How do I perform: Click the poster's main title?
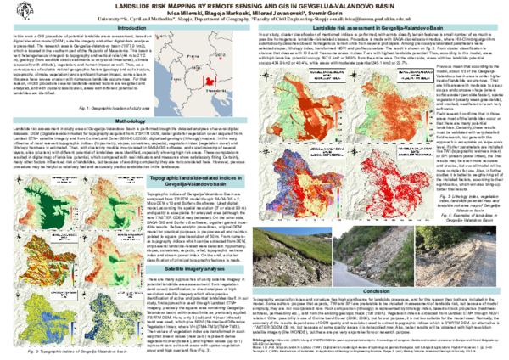click(255, 5)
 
